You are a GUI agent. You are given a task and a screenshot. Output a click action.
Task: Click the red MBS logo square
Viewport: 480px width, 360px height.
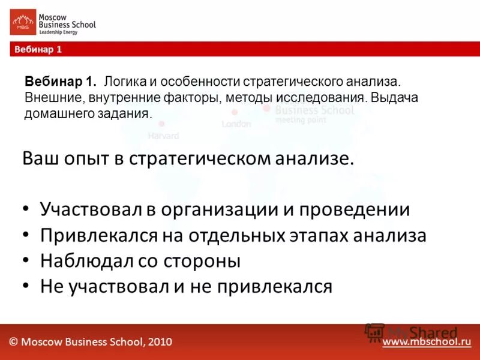(x=22, y=23)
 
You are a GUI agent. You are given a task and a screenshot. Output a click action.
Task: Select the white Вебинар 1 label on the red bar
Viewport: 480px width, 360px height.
(x=35, y=50)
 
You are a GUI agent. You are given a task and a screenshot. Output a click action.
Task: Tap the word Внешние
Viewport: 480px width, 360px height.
(x=49, y=97)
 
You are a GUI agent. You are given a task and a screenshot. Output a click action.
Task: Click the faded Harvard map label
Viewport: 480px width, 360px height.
(x=163, y=136)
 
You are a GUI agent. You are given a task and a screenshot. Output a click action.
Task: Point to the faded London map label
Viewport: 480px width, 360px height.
(x=236, y=124)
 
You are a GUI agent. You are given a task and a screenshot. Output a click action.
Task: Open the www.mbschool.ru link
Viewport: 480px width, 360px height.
(x=427, y=342)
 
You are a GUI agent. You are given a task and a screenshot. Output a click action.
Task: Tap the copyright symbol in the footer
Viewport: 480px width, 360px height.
(x=13, y=342)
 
